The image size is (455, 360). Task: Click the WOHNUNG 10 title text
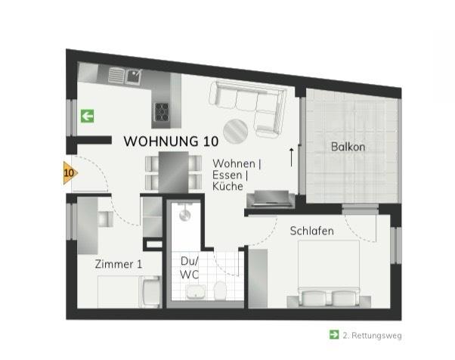click(171, 141)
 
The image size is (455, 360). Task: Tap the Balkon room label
click(348, 147)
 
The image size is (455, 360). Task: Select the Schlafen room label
click(311, 231)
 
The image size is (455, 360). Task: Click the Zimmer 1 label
click(118, 264)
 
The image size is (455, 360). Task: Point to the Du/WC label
click(189, 267)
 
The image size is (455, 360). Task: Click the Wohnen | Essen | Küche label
click(237, 175)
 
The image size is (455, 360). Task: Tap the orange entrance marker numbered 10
click(69, 173)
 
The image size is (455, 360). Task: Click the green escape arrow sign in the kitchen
click(88, 116)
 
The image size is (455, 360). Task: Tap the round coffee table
click(234, 131)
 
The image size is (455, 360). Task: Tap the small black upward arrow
click(292, 157)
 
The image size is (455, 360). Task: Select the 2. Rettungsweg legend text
click(371, 334)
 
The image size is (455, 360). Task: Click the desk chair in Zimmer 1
click(104, 219)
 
